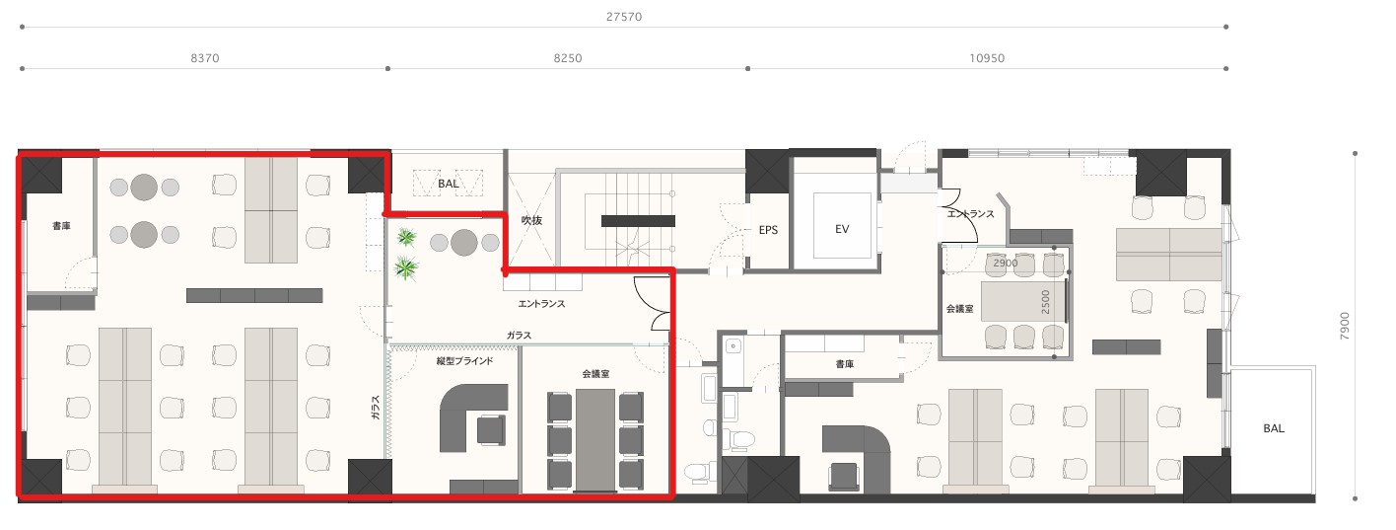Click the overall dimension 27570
[x=624, y=17]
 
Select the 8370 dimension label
[x=205, y=58]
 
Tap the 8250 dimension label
[x=568, y=58]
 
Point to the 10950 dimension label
[x=987, y=58]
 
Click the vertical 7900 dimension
[x=1345, y=326]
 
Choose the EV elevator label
[x=842, y=229]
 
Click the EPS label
[x=768, y=230]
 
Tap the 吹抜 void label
[x=531, y=220]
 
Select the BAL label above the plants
[x=449, y=184]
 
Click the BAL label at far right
[x=1273, y=428]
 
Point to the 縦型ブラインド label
[x=465, y=361]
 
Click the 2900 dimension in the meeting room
[x=1006, y=263]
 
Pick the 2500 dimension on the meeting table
[x=1045, y=302]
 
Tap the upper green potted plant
[x=406, y=237]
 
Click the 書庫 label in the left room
[x=61, y=226]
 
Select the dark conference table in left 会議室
[x=595, y=441]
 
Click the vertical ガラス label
[x=376, y=408]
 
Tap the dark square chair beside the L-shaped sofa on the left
[x=491, y=429]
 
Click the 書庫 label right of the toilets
[x=845, y=364]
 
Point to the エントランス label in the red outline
[x=541, y=304]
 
